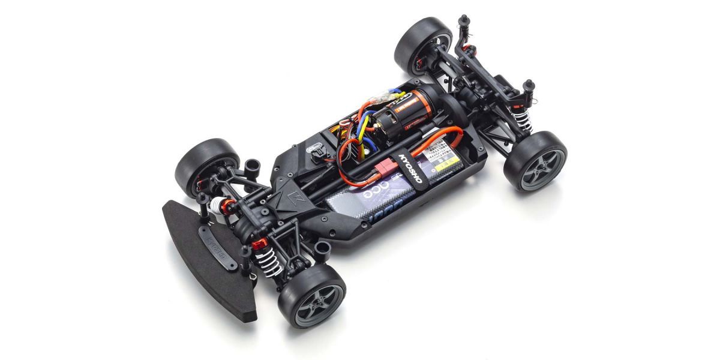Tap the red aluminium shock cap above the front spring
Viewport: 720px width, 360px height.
click(258, 245)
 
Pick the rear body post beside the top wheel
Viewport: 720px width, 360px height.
click(463, 25)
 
